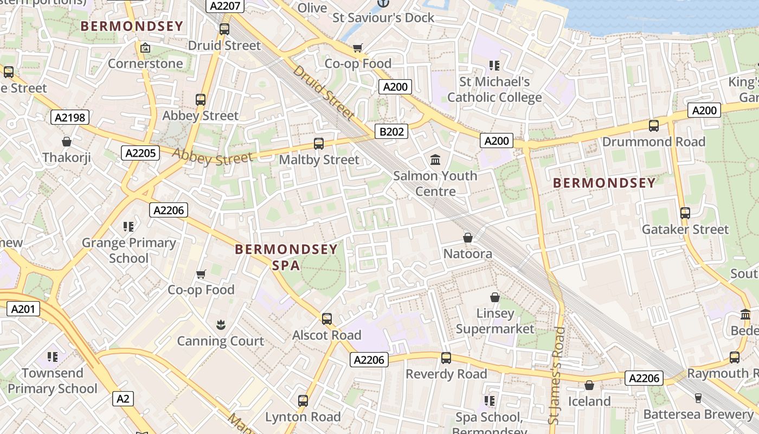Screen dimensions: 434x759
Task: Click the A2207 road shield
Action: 225,7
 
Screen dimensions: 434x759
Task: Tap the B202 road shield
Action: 391,131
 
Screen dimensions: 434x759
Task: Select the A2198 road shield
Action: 70,117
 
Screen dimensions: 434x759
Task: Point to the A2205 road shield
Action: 140,153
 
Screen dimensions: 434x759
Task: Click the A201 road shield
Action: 23,309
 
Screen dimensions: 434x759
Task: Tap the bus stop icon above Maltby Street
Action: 319,144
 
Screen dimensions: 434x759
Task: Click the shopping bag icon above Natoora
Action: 468,238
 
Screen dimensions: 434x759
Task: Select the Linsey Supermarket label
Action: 495,321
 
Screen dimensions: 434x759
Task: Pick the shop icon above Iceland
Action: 589,385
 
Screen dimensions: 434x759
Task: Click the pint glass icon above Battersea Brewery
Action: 698,398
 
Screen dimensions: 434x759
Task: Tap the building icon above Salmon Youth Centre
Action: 435,159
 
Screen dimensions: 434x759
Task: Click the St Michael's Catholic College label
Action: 494,90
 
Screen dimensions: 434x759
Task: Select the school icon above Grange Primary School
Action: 128,226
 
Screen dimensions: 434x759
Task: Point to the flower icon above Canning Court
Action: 220,325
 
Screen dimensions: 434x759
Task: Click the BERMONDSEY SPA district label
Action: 286,257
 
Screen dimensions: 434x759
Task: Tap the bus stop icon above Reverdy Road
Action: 446,358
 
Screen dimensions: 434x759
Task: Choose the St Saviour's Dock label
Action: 383,18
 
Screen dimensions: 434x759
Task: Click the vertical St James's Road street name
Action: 557,375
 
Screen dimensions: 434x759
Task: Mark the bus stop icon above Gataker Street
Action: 685,213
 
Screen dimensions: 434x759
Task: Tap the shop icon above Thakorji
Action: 67,142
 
